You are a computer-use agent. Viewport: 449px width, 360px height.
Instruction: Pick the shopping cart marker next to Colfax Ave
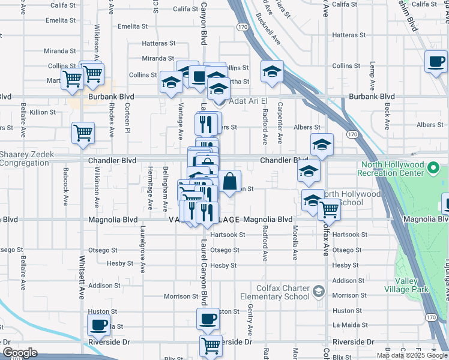[x=330, y=209]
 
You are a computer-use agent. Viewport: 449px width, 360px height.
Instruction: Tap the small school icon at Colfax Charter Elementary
[x=318, y=292]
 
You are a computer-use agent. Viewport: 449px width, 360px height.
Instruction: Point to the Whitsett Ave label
[x=82, y=282]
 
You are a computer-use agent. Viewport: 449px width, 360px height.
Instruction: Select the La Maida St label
[x=345, y=326]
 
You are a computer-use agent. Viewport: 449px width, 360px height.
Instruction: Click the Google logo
[x=20, y=353]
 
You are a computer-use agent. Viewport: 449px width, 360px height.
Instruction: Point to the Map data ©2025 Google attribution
[x=411, y=355]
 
